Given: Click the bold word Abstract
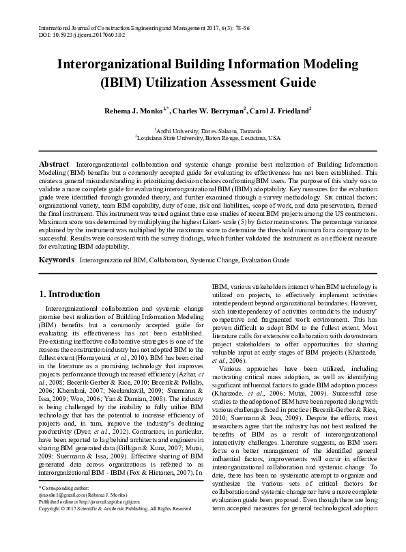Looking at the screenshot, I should pyautogui.click(x=54, y=165).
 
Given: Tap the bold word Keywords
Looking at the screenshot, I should pyautogui.click(x=57, y=261).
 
